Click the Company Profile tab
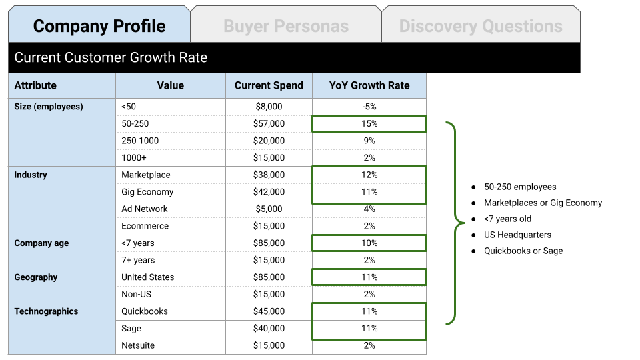99,26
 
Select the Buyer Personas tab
286,26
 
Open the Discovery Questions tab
481,26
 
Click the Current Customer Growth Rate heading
111,57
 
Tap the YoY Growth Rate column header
369,85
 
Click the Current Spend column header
269,85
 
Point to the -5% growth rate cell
369,107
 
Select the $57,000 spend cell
269,123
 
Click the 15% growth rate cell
369,123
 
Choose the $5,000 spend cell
269,209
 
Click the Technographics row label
46,311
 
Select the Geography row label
36,277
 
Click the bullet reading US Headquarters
517,235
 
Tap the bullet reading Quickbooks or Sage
523,251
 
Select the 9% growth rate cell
369,141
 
